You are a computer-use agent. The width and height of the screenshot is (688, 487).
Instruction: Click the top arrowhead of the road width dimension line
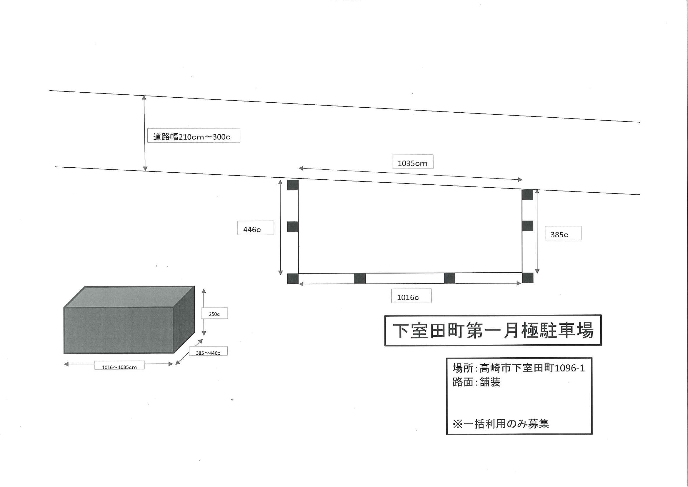[x=144, y=96]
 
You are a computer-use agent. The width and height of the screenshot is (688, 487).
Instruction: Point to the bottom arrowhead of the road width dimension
[x=145, y=171]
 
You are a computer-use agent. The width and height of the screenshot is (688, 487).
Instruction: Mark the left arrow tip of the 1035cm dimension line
[x=299, y=168]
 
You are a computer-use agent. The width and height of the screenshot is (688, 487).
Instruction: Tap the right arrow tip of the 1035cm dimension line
[x=522, y=180]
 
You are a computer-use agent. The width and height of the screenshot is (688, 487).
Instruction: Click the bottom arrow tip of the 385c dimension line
[x=537, y=273]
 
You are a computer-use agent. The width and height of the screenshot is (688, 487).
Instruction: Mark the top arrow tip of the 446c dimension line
[x=280, y=180]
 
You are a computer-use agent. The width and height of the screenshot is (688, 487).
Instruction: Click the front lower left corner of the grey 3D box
[x=64, y=353]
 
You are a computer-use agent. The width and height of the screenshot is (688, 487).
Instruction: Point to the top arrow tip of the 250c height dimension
[x=204, y=289]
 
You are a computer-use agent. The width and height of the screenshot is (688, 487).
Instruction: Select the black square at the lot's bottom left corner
[x=293, y=278]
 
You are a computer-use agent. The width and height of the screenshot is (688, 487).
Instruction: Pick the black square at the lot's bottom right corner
[x=528, y=278]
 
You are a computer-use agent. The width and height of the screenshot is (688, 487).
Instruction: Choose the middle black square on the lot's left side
[x=293, y=227]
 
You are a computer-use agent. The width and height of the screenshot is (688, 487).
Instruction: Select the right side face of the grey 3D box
[x=184, y=320]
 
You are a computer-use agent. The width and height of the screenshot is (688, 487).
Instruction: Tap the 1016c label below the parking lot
[x=408, y=298]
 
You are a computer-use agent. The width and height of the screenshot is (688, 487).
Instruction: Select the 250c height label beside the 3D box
[x=214, y=314]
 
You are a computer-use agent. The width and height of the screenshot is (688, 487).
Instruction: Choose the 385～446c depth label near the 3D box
[x=208, y=353]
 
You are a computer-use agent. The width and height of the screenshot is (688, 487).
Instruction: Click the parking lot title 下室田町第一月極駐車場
[x=493, y=331]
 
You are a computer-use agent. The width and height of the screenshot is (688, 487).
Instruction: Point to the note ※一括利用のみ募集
[x=501, y=424]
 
